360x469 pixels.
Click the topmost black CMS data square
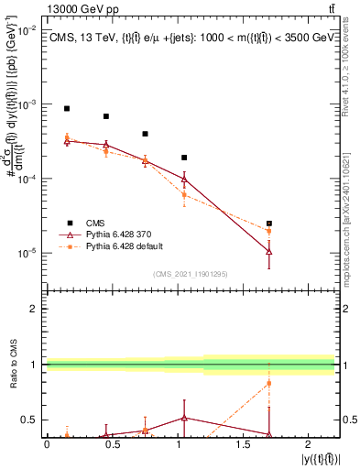(x=67, y=108)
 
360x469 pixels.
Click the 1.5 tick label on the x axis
(x=244, y=444)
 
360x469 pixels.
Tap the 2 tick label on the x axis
(x=309, y=444)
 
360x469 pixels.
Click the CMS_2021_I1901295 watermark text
(x=191, y=274)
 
